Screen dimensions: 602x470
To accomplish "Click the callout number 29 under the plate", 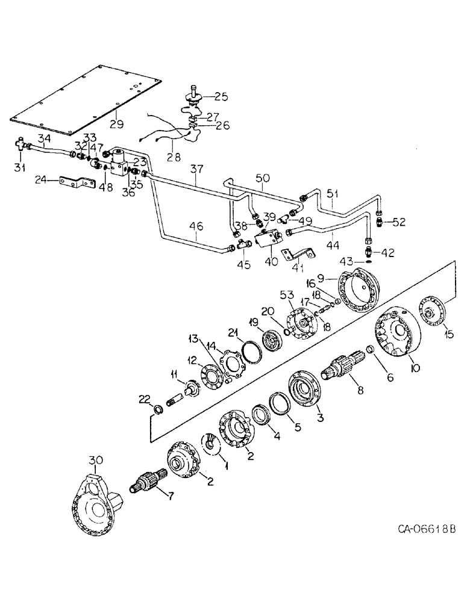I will (116, 125).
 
